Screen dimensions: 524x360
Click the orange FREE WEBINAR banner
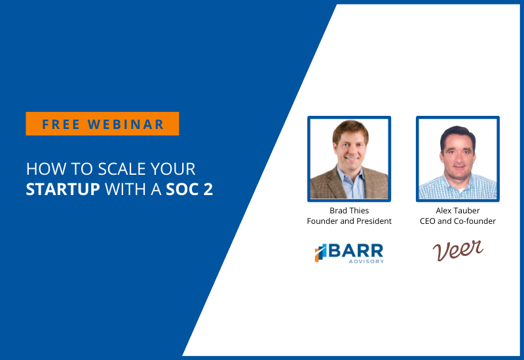(x=102, y=124)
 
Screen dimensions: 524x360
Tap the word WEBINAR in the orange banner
(x=126, y=124)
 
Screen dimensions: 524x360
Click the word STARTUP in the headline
(x=63, y=189)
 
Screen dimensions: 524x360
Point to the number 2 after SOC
(x=208, y=189)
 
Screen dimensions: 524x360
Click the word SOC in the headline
(x=183, y=189)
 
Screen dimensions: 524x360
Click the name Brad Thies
(x=349, y=210)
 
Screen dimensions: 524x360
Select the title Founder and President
(x=349, y=221)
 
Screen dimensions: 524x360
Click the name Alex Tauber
(x=457, y=210)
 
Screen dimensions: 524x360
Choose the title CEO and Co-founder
(x=457, y=221)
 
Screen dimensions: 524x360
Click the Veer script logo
(x=458, y=250)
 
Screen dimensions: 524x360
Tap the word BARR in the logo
(x=356, y=251)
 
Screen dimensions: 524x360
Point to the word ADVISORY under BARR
(x=366, y=261)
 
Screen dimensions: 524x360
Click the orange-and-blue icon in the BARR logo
(x=320, y=253)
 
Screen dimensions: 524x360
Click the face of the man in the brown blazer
(x=351, y=148)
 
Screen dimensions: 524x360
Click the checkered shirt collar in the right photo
(x=458, y=184)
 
